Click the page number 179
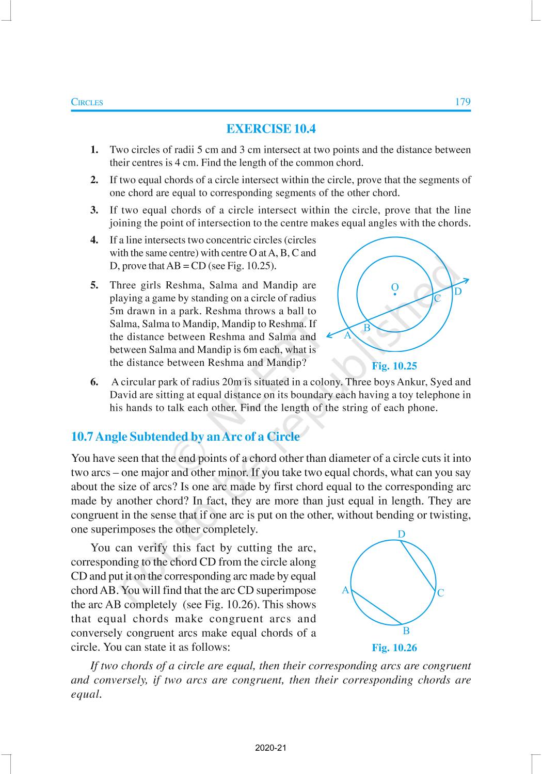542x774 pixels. pyautogui.click(x=463, y=102)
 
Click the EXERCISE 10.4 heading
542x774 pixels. pyautogui.click(x=271, y=129)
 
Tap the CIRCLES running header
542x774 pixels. pyautogui.click(x=87, y=102)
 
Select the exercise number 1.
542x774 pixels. pyautogui.click(x=94, y=150)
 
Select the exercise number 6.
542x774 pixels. pyautogui.click(x=94, y=382)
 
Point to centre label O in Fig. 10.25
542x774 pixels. pyautogui.click(x=395, y=287)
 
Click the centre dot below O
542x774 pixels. pyautogui.click(x=395, y=295)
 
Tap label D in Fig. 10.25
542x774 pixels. pyautogui.click(x=457, y=292)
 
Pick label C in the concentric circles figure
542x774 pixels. pyautogui.click(x=437, y=299)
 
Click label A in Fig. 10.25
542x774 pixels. pyautogui.click(x=347, y=335)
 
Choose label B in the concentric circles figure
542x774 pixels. pyautogui.click(x=367, y=328)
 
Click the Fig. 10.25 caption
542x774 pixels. pyautogui.click(x=394, y=366)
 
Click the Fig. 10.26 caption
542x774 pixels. pyautogui.click(x=394, y=648)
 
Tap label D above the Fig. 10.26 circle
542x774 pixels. pyautogui.click(x=402, y=534)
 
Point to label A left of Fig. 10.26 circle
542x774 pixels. pyautogui.click(x=345, y=590)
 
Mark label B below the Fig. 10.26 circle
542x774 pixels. pyautogui.click(x=406, y=631)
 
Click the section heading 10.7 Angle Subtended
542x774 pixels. pyautogui.click(x=185, y=437)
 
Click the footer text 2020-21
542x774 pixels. pyautogui.click(x=270, y=748)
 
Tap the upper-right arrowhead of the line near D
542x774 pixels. pyautogui.click(x=467, y=280)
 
